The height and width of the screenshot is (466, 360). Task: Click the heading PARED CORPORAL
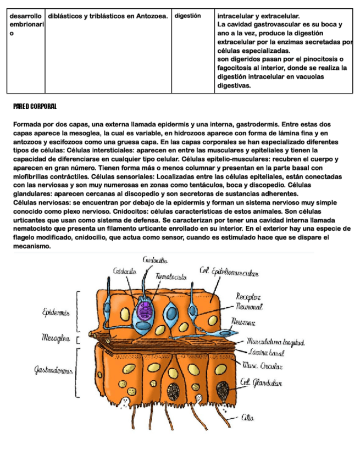point(35,106)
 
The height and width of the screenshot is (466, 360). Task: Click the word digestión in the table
point(187,16)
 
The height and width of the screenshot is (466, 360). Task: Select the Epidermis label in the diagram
point(56,312)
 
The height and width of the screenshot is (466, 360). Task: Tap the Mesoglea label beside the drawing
point(56,337)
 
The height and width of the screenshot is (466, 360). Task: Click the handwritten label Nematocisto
point(171,278)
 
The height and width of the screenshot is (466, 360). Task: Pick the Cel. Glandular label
point(261,383)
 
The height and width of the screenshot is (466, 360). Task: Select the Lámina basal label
point(265,352)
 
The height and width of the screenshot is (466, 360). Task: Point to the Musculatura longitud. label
point(275,342)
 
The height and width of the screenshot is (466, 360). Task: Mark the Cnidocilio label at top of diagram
point(155,260)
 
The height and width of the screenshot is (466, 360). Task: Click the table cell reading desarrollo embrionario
point(25,25)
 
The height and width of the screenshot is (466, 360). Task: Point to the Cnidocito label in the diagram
point(125,271)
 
